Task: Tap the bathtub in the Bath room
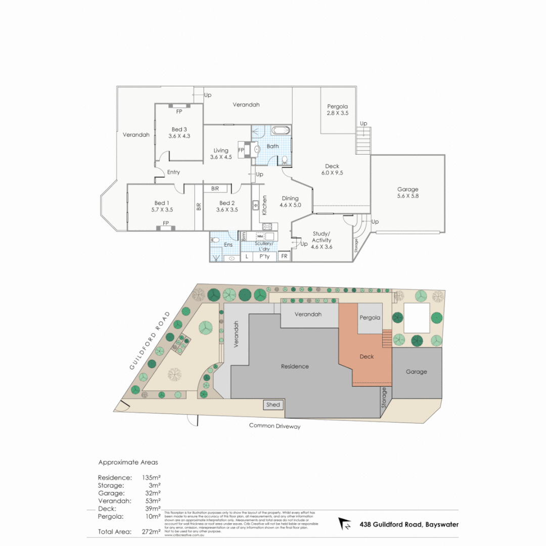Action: point(281,130)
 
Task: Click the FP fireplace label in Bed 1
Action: point(165,223)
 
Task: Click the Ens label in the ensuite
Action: point(229,245)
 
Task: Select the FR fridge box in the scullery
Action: point(284,257)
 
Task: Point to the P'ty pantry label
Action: point(264,257)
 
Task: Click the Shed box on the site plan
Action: point(273,405)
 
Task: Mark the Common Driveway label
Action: point(275,426)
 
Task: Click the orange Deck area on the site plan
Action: point(367,357)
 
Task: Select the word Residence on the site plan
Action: point(295,366)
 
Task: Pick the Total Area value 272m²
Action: point(151,531)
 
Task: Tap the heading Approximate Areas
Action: point(128,462)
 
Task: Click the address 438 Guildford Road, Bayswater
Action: point(409,524)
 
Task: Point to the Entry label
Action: point(173,172)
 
